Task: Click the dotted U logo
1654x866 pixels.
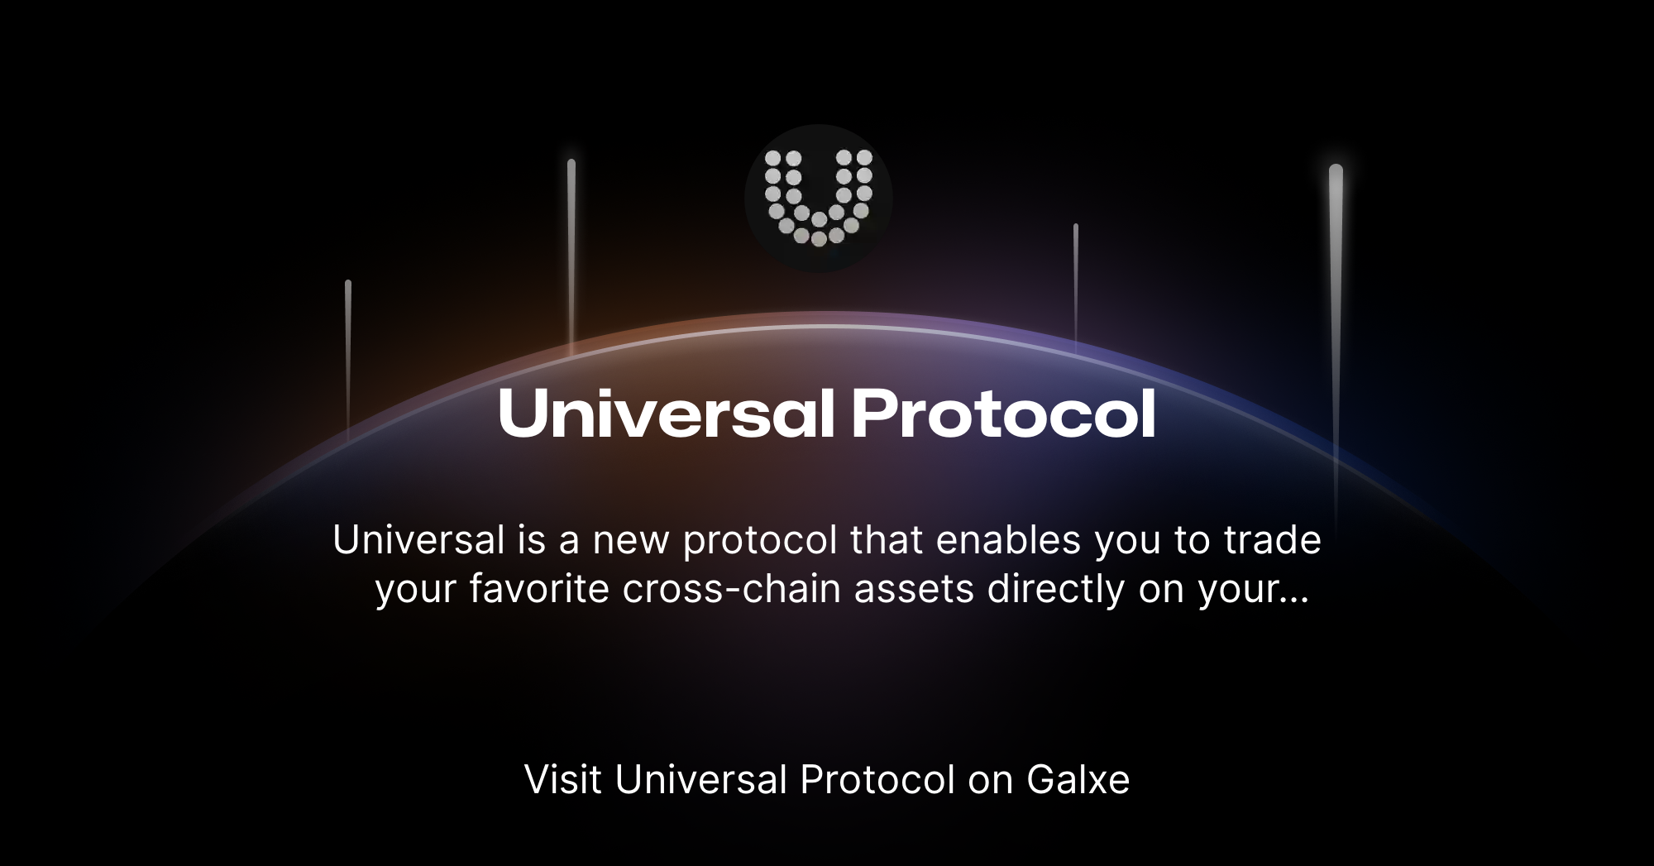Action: [818, 198]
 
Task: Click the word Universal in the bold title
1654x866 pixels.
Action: [666, 414]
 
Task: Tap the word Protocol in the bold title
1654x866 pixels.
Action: [1003, 414]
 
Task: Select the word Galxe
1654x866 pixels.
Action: [1078, 780]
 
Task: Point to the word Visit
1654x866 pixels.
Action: [562, 780]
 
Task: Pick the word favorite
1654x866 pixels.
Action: [539, 589]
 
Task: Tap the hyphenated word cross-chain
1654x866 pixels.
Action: [731, 589]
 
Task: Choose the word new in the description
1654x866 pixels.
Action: [631, 540]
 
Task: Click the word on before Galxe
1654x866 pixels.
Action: [990, 780]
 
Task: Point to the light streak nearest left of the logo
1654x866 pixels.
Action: [571, 248]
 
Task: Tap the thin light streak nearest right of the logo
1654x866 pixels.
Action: [1076, 281]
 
